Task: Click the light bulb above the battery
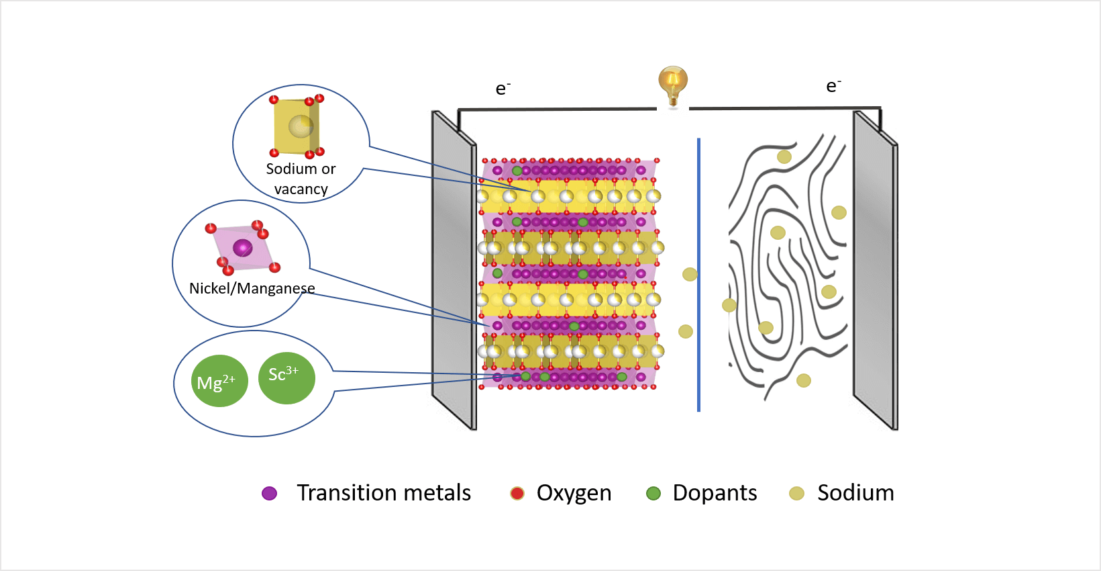coord(672,83)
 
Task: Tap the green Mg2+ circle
coord(219,381)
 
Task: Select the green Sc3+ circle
coord(286,378)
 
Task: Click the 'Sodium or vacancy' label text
coord(301,179)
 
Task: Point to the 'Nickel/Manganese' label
coord(252,288)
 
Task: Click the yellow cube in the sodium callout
coord(296,126)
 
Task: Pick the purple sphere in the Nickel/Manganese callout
coord(242,248)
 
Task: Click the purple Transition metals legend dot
coord(270,494)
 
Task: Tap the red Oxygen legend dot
coord(517,494)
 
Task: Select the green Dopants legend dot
coord(653,494)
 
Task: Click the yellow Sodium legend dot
coord(796,494)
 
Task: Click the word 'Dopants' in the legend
coord(715,493)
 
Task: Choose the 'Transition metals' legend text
coord(384,493)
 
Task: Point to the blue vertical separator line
coord(698,275)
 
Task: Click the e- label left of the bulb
coord(503,89)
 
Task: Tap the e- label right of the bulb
coord(833,86)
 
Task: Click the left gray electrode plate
coord(454,269)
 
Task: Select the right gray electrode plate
coord(875,269)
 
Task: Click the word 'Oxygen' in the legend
coord(574,493)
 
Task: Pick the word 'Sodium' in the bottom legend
coord(855,493)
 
